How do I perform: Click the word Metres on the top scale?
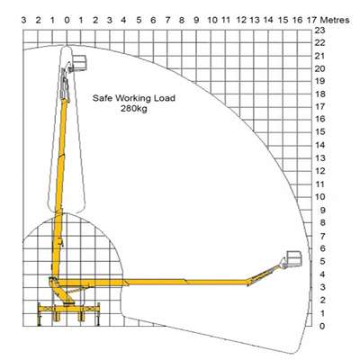[x=335, y=20]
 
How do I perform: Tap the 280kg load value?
[x=134, y=109]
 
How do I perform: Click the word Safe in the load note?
[x=103, y=98]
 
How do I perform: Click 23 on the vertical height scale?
[x=319, y=30]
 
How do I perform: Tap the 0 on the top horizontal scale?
[x=67, y=20]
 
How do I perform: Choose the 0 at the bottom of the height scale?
[x=322, y=326]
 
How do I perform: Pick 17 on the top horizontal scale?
[x=311, y=20]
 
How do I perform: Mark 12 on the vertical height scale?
[x=319, y=171]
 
